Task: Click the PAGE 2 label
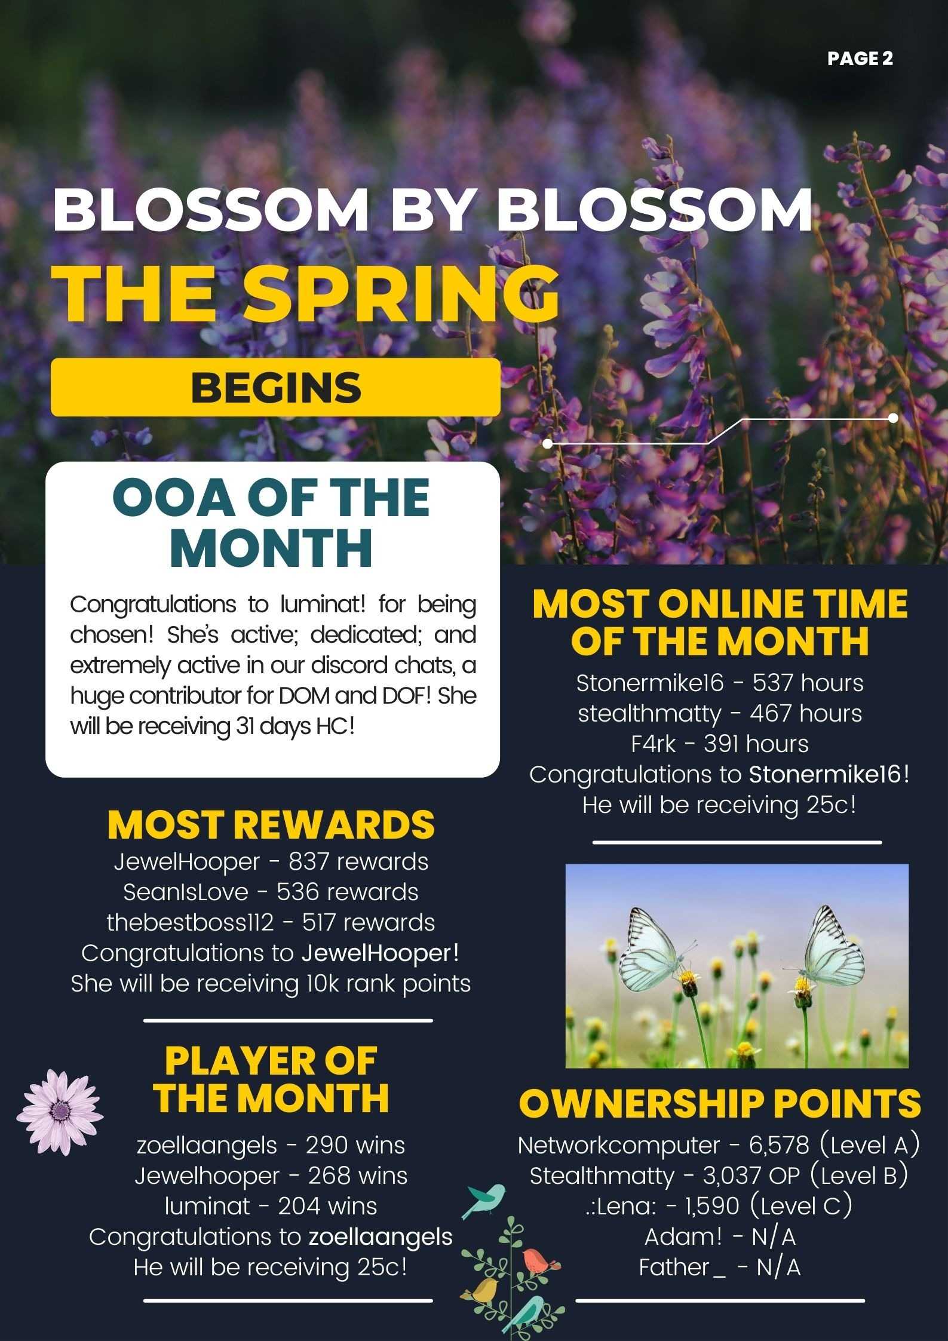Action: [x=860, y=59]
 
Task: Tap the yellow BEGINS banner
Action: [x=275, y=387]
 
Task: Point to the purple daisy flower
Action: [x=59, y=1112]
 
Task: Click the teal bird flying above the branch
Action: [x=483, y=1199]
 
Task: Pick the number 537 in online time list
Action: [x=770, y=683]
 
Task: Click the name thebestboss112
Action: [x=190, y=922]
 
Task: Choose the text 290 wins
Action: [x=355, y=1146]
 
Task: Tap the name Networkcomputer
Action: [x=618, y=1146]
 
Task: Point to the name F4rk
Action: [x=654, y=744]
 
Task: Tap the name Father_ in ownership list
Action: [x=682, y=1267]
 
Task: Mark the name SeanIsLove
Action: [x=186, y=892]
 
